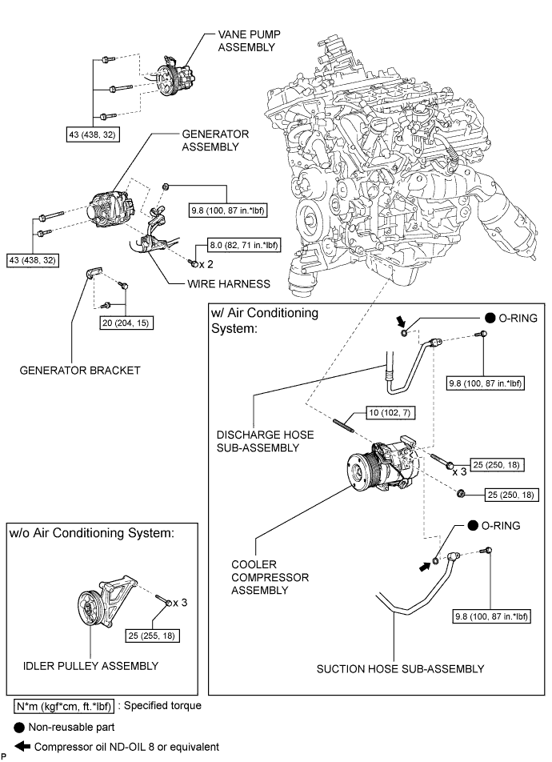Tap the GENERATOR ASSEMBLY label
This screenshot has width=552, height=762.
(204, 140)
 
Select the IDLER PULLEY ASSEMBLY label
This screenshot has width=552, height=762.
(90, 665)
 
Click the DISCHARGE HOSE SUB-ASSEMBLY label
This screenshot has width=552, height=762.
(265, 441)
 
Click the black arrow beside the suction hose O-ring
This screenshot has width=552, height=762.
(425, 566)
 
